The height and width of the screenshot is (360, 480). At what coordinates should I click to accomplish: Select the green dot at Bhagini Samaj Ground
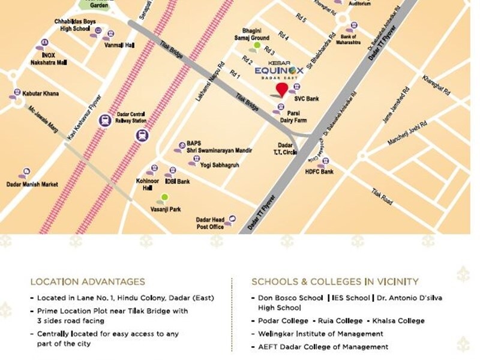point(257,46)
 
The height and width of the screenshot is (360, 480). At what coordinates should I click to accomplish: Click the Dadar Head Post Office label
point(210,223)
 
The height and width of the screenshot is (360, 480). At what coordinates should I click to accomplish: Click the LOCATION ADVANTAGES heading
point(87,281)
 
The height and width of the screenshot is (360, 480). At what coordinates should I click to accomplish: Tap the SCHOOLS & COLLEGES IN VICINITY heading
point(335,281)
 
